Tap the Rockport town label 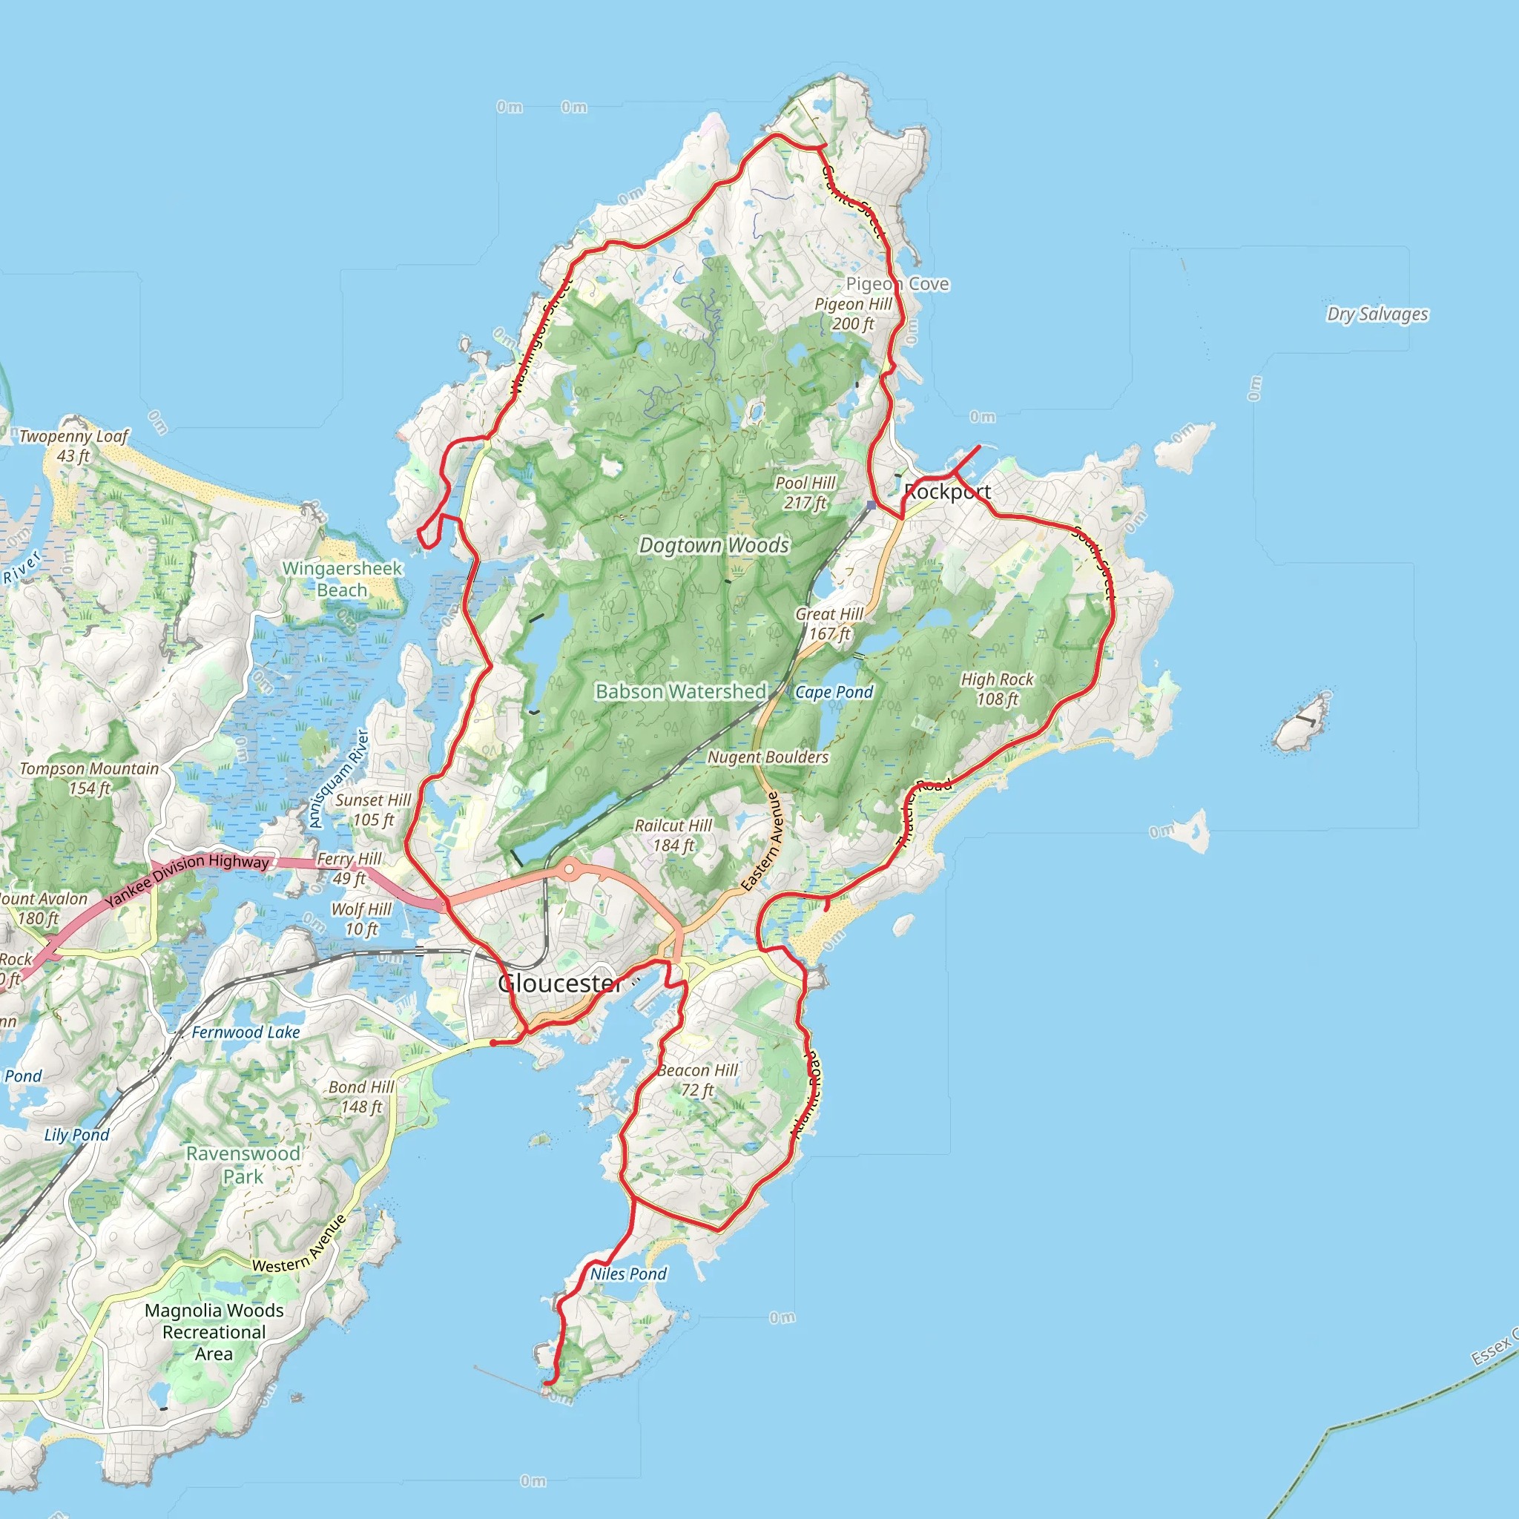[947, 492]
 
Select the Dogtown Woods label [714, 545]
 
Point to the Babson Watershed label [681, 691]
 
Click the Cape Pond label [834, 692]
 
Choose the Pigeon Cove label [897, 284]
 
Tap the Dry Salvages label [1377, 314]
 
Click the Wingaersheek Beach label [342, 579]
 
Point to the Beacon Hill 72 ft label [697, 1079]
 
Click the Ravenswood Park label [243, 1164]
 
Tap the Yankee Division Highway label [187, 878]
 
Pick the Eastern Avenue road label [761, 841]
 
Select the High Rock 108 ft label [997, 689]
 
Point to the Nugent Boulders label [768, 757]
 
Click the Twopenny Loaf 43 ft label [73, 446]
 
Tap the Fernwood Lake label [246, 1032]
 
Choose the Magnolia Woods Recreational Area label [214, 1332]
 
